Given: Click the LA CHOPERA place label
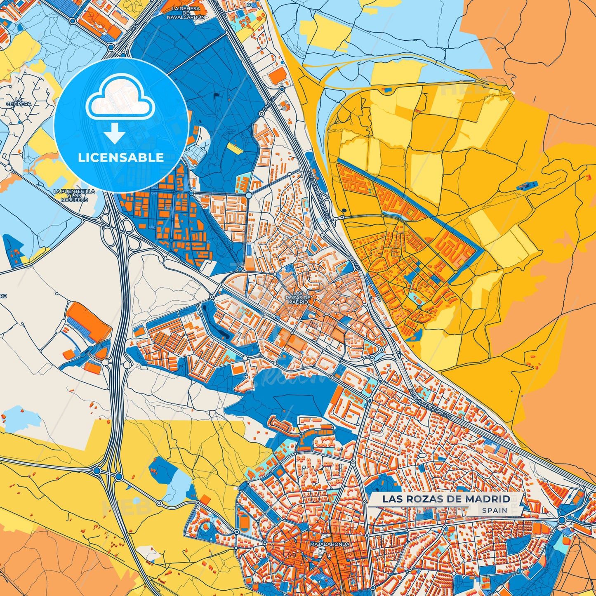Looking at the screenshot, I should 19,102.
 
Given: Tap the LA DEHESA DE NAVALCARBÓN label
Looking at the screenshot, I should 186,13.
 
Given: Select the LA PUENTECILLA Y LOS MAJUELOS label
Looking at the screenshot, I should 74,196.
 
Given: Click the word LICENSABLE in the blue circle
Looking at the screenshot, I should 121,158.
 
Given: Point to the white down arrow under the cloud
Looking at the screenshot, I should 114,133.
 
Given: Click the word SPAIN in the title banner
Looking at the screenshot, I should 495,510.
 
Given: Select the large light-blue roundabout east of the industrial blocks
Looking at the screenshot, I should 249,195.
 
